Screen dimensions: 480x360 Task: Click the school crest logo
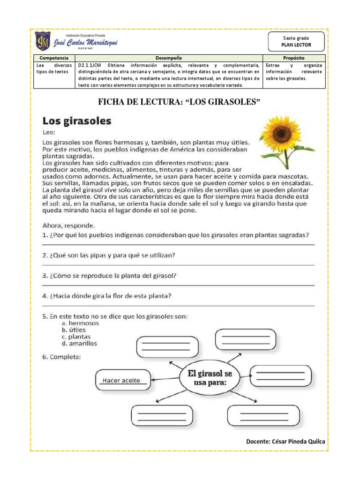(43, 43)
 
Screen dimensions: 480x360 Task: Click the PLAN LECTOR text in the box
(296, 45)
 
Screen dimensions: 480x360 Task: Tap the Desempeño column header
(169, 57)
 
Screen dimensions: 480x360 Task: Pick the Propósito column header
(293, 57)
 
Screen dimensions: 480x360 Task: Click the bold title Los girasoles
(77, 121)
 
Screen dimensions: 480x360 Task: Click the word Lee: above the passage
(49, 133)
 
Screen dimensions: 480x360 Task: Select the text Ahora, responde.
(68, 224)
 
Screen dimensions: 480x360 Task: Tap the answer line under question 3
(178, 285)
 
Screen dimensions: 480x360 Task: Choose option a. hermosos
(80, 323)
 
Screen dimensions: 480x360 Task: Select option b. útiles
(76, 330)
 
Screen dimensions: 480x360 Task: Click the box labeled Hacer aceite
(122, 380)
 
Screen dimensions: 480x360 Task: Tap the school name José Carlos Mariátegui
(86, 43)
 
